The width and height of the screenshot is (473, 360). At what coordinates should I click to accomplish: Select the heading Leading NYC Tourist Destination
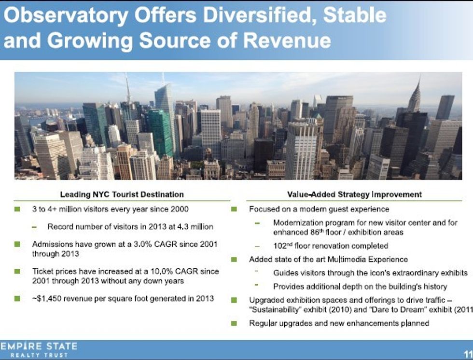click(122, 194)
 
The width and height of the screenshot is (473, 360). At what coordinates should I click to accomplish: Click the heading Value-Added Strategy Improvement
click(354, 194)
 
